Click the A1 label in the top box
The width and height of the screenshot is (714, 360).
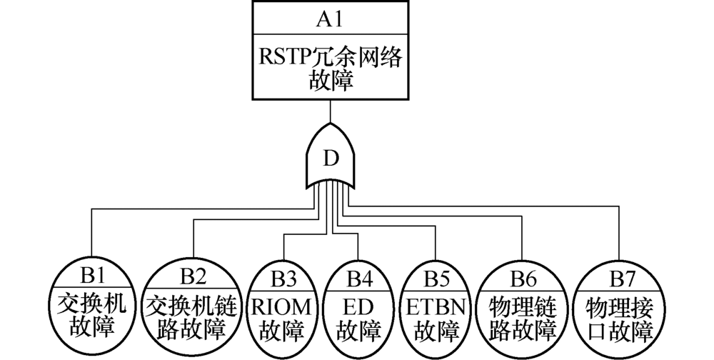pyautogui.click(x=330, y=19)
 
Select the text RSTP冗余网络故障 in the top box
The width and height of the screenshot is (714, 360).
pyautogui.click(x=330, y=70)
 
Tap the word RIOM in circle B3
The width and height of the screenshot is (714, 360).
pyautogui.click(x=283, y=306)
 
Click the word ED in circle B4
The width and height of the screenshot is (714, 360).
pyautogui.click(x=355, y=306)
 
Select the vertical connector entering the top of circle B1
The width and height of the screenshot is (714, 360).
pyautogui.click(x=91, y=236)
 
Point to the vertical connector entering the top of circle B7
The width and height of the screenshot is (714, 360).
pyautogui.click(x=618, y=236)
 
